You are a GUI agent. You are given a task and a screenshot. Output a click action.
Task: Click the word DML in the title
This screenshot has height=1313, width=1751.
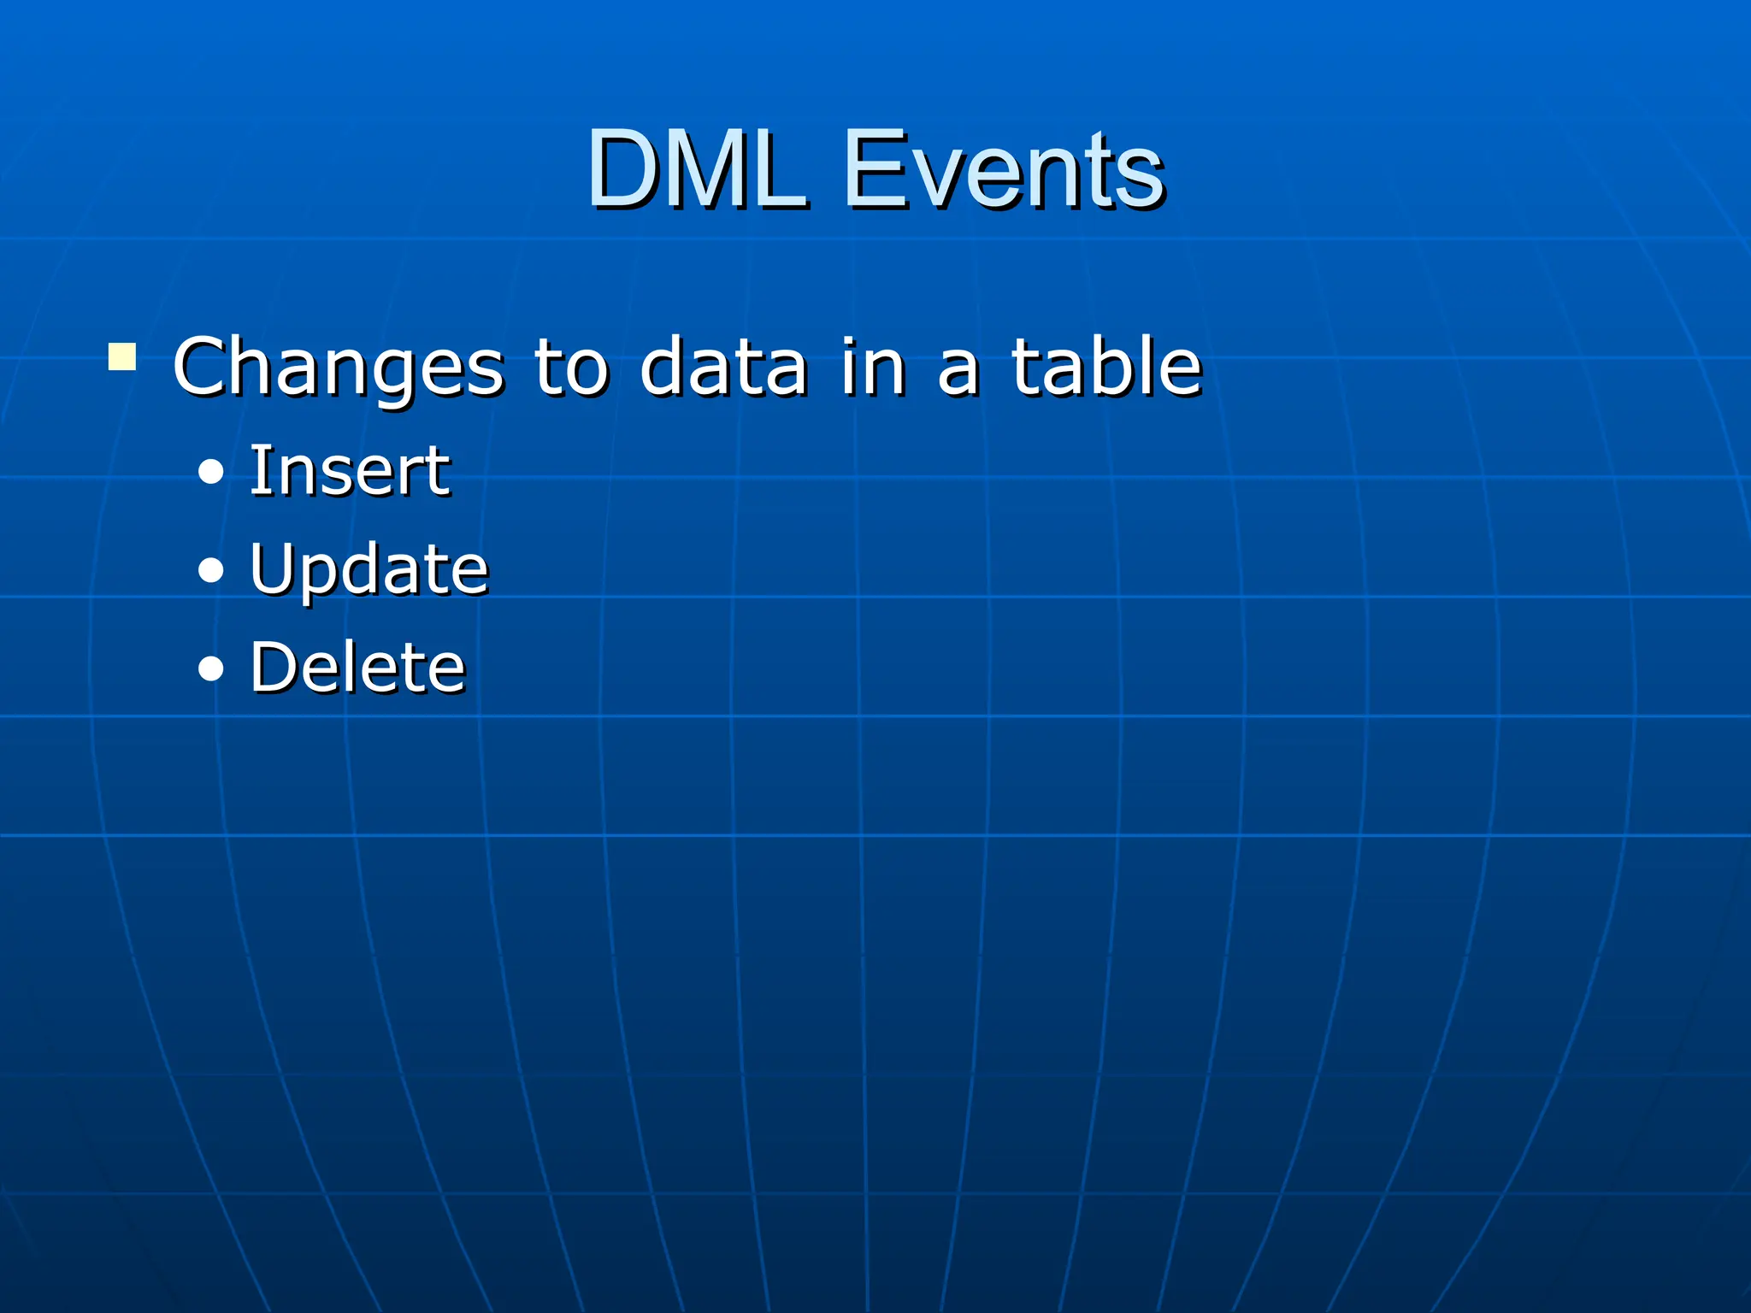tap(697, 168)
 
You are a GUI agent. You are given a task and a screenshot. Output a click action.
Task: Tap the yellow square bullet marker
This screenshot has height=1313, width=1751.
tap(122, 357)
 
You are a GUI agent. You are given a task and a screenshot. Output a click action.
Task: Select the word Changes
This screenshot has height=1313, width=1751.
tap(339, 367)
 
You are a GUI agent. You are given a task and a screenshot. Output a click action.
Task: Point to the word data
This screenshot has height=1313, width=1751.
tap(723, 367)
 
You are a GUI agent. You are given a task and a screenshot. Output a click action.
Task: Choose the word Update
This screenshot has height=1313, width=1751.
tap(368, 569)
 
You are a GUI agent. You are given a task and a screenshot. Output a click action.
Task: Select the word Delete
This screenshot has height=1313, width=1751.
tap(357, 667)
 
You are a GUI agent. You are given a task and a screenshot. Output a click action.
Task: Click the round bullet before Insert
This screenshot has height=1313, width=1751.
tap(210, 472)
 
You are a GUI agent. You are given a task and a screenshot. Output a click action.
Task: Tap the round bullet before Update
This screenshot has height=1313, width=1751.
tap(210, 570)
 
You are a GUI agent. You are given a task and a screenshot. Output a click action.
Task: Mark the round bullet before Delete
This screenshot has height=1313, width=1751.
tap(210, 668)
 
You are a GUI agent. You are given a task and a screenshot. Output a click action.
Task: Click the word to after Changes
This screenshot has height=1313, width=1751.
tap(571, 368)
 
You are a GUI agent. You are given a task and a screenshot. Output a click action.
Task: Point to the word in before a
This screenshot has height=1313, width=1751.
tap(872, 367)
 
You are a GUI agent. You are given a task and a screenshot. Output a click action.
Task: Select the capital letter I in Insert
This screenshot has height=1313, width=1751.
tap(256, 470)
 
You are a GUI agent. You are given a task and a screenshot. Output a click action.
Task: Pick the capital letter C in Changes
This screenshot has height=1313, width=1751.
tap(202, 367)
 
